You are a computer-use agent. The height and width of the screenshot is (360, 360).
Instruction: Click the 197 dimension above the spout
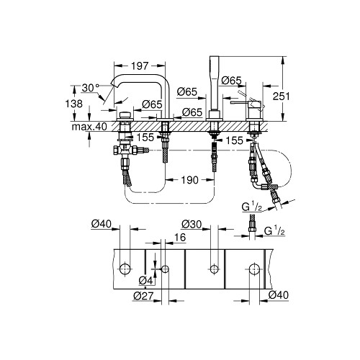pyautogui.click(x=140, y=66)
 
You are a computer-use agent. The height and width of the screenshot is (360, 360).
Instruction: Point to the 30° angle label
pyautogui.click(x=91, y=88)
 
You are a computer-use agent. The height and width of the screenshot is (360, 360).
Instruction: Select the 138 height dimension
pyautogui.click(x=74, y=104)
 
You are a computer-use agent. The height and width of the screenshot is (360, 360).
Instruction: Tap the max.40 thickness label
pyautogui.click(x=89, y=127)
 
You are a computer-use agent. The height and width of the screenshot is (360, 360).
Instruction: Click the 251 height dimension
pyautogui.click(x=282, y=96)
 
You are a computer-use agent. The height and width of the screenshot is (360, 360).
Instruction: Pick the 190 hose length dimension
pyautogui.click(x=189, y=180)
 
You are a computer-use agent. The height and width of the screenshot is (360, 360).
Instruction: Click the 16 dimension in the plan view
pyautogui.click(x=180, y=238)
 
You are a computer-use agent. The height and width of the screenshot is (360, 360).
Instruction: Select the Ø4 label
pyautogui.click(x=146, y=280)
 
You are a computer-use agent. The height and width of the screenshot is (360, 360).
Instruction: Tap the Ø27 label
pyautogui.click(x=143, y=296)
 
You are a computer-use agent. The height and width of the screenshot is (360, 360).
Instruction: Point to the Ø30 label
pyautogui.click(x=192, y=225)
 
